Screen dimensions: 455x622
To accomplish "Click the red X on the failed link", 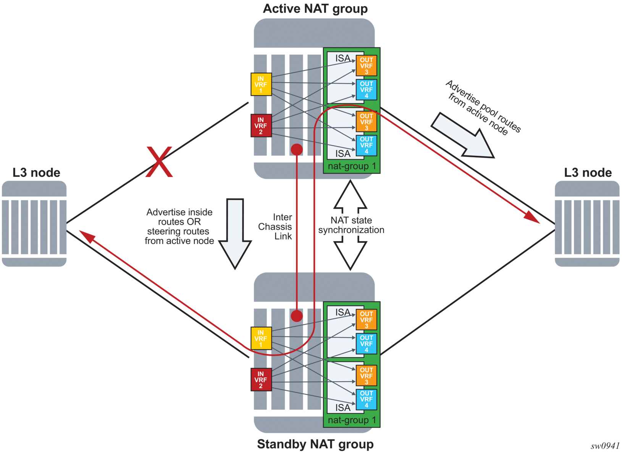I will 159,162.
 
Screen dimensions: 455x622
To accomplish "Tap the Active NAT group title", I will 315,8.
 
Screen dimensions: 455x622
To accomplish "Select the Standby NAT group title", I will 315,444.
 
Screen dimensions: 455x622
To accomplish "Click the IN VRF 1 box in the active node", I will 261,84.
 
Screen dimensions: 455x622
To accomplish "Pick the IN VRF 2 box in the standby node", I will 261,380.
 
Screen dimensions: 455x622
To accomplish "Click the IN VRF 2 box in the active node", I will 261,126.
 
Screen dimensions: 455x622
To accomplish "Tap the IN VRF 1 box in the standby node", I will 261,339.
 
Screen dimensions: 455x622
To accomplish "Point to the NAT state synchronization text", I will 351,225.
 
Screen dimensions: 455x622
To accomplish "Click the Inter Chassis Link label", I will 275,227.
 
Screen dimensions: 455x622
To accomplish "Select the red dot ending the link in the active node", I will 297,149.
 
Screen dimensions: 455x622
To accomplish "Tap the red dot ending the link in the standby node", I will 297,316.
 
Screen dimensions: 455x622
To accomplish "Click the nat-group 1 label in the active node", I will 352,166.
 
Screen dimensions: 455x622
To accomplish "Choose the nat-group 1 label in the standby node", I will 352,420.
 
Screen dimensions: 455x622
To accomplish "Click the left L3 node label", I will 36,173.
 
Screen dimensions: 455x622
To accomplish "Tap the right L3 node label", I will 588,173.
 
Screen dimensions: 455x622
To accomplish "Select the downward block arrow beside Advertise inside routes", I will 235,233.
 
